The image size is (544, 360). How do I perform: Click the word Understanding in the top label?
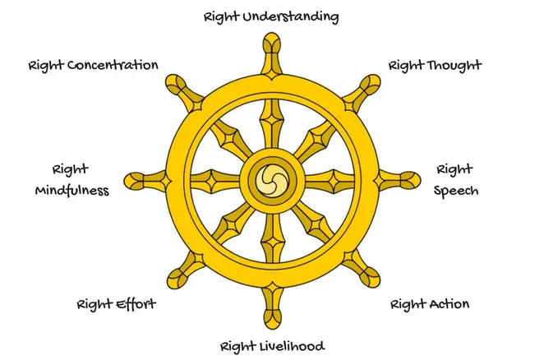(293, 16)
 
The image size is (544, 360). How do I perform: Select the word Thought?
(454, 65)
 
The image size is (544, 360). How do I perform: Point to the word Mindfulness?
(72, 191)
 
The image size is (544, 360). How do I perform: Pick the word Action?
(448, 304)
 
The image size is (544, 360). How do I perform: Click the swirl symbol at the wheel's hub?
(270, 178)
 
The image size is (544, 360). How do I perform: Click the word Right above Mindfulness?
(71, 170)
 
